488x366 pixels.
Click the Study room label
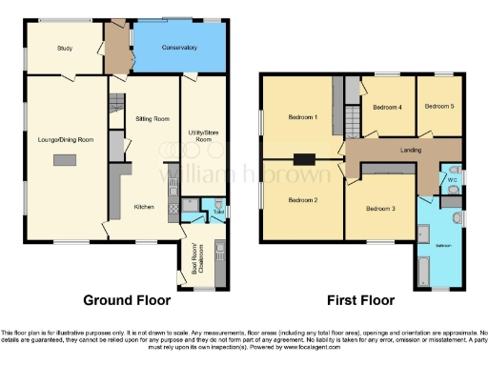[65, 48]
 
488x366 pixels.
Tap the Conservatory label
[178, 48]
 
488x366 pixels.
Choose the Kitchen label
[144, 206]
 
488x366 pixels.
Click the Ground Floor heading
[127, 300]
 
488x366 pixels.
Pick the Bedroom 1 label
[302, 117]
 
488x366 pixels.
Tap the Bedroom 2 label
[302, 200]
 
